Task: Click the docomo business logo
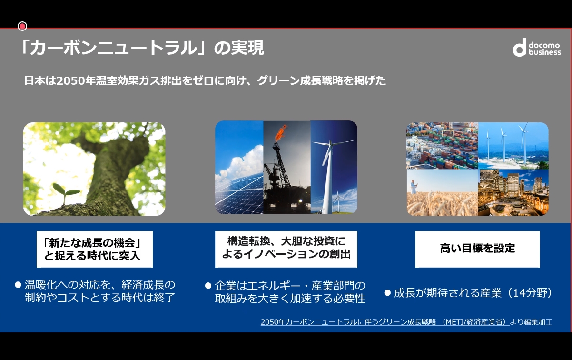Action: (x=536, y=48)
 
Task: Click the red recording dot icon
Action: (x=22, y=26)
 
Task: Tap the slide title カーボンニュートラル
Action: (x=113, y=49)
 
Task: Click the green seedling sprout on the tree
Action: (x=66, y=192)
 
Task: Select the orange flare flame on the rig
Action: (x=281, y=132)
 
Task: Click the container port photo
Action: (x=442, y=145)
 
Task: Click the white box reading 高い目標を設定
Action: (x=477, y=249)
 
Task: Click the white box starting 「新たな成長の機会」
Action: (x=95, y=249)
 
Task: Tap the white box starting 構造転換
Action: (x=286, y=249)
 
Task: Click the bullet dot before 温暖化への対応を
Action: (x=19, y=285)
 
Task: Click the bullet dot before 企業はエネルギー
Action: (x=208, y=286)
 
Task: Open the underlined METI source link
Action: (x=383, y=322)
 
